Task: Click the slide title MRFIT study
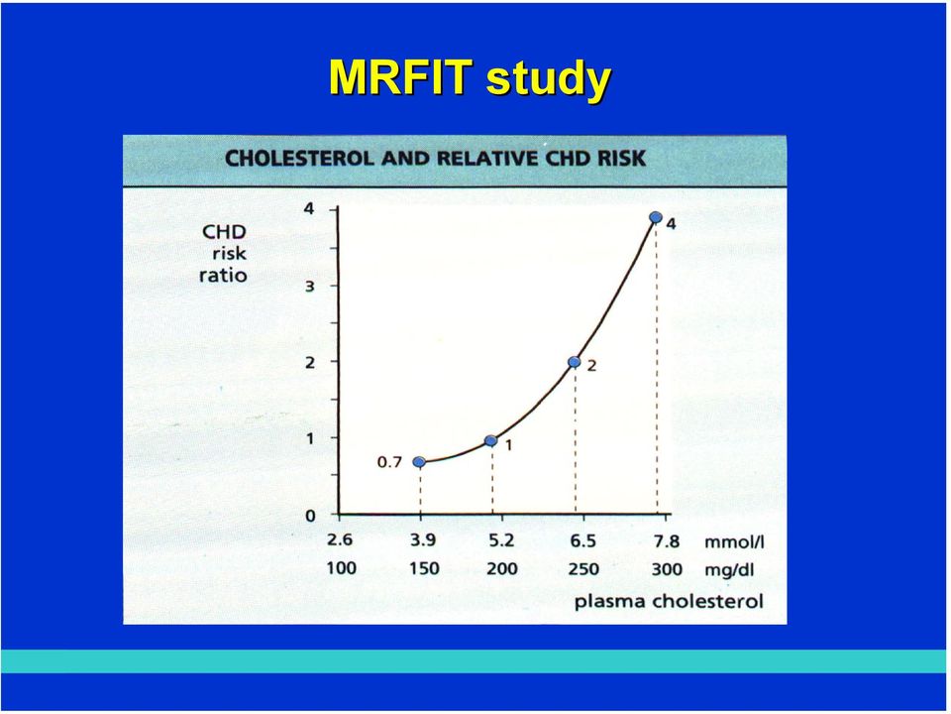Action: coord(470,79)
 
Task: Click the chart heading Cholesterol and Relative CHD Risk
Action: coord(436,159)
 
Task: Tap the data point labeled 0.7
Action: coord(419,462)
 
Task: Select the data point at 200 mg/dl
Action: coord(491,440)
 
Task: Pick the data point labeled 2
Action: coord(575,362)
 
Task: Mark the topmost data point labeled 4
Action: coord(655,217)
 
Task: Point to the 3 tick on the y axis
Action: coord(309,286)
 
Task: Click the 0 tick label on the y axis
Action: coord(310,516)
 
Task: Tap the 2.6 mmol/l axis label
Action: coord(340,540)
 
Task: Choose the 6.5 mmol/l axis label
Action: coord(582,540)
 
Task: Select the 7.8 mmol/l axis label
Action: coord(666,540)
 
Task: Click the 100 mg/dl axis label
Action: coord(342,569)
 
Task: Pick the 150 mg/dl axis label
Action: coord(424,569)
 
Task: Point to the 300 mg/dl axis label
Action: coord(667,569)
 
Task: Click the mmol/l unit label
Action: coord(734,541)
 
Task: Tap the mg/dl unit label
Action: coord(729,570)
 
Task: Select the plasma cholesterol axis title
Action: coord(669,602)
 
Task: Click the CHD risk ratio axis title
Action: coord(224,254)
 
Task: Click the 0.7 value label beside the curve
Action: coord(389,463)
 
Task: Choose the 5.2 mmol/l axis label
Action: coord(501,540)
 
